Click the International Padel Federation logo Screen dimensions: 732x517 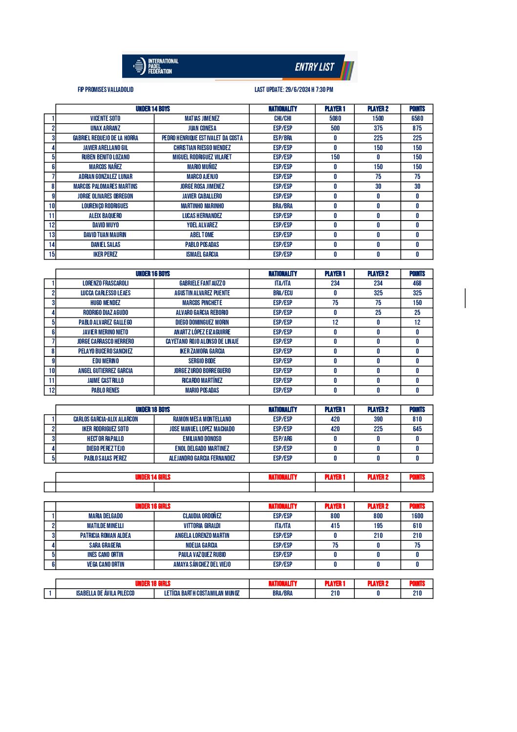155,67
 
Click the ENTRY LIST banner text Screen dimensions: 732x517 314,67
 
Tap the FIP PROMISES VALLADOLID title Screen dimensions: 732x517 106,89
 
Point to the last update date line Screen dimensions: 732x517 294,89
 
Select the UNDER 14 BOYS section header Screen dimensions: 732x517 152,109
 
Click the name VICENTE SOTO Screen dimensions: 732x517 105,118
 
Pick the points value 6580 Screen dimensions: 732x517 417,118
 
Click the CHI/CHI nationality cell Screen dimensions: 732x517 282,118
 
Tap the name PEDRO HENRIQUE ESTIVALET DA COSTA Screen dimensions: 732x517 202,138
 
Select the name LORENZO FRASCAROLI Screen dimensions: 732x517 106,283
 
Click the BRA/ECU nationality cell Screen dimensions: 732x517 282,293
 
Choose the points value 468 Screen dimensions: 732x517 417,283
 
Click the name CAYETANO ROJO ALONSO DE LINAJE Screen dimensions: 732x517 202,341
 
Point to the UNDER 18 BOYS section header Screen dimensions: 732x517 152,410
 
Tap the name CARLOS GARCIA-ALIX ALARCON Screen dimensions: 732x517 106,419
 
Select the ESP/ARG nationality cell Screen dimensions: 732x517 282,439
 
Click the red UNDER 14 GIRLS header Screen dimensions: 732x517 152,477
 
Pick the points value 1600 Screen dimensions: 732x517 417,516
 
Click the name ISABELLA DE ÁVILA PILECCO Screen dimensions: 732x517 105,593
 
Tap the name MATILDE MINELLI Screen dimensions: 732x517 106,526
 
